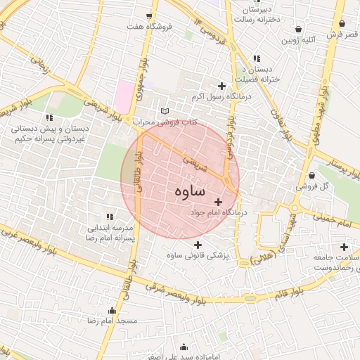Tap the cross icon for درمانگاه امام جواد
tap(217, 202)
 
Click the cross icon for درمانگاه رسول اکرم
tap(222, 86)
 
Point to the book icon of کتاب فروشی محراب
tap(165, 111)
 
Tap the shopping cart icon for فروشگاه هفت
tap(148, 16)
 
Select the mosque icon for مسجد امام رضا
tap(111, 310)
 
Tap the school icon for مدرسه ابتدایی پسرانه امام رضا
tap(109, 217)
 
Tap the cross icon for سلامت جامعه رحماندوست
tap(344, 247)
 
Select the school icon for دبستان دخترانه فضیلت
tap(257, 58)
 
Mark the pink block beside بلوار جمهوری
tap(124, 95)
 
